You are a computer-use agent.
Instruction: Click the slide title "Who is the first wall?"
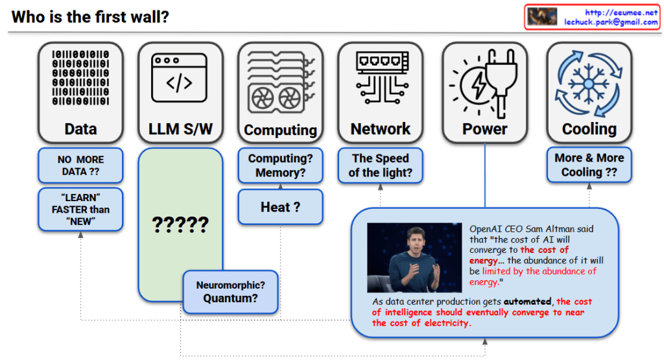click(91, 17)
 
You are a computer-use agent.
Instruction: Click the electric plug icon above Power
click(484, 81)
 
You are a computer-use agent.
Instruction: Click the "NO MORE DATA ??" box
click(80, 165)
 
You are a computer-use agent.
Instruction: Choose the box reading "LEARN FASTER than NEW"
click(80, 210)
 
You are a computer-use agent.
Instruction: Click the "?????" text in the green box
click(180, 225)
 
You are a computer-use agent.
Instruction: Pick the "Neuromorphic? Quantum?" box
click(231, 291)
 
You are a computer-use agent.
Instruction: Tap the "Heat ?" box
click(280, 207)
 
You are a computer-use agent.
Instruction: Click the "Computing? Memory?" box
click(280, 165)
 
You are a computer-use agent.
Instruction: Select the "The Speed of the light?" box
click(380, 165)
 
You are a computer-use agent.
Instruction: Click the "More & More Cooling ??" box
click(589, 165)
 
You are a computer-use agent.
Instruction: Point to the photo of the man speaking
click(414, 258)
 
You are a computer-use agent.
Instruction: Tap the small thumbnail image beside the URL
click(542, 17)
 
